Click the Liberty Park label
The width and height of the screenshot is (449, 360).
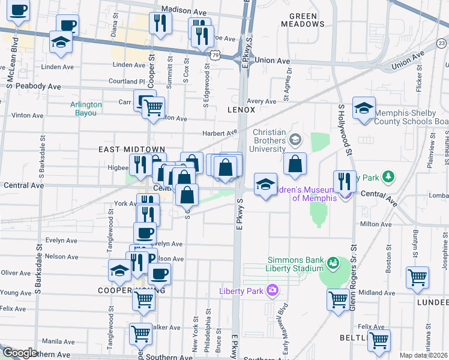click(241, 291)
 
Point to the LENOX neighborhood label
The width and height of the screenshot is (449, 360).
click(241, 110)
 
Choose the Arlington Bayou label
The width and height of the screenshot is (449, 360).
click(86, 108)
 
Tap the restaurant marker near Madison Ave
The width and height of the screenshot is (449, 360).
click(160, 23)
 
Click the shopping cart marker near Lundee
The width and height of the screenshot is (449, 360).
click(417, 278)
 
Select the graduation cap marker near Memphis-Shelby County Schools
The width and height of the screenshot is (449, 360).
click(364, 109)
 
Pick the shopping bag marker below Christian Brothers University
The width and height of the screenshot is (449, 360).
click(295, 164)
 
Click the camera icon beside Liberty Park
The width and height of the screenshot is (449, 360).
click(273, 291)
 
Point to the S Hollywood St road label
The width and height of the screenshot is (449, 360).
click(343, 129)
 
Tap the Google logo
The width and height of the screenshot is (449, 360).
click(20, 353)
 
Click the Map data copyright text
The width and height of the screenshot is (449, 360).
click(423, 355)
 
